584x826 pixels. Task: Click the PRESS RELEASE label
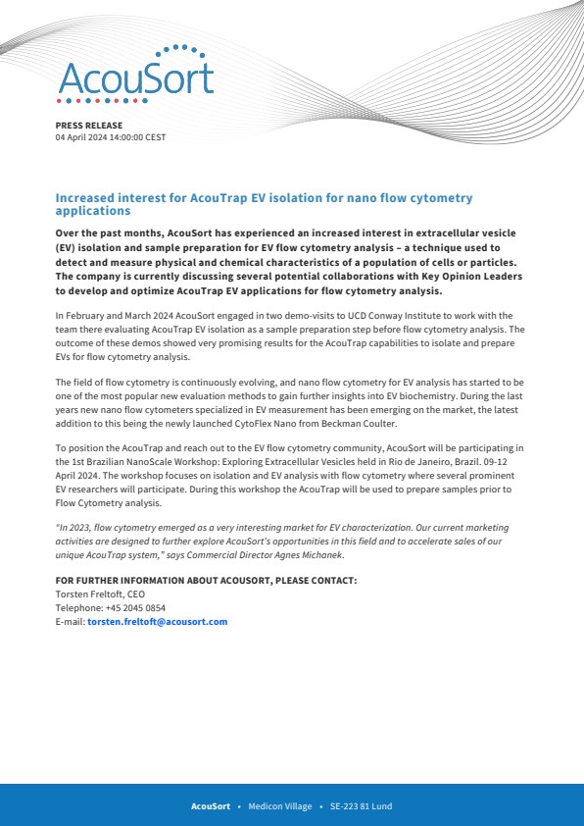tap(89, 126)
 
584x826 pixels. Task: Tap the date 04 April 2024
tap(84, 137)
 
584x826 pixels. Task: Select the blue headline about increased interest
tap(264, 204)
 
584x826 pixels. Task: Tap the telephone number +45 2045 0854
tap(125, 607)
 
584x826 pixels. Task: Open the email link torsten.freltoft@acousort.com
tap(157, 621)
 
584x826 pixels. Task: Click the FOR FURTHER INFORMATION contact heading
tap(206, 580)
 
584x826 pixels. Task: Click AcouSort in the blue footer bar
tap(210, 806)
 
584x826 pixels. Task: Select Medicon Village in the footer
tap(280, 806)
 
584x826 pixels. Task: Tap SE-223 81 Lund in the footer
tap(361, 806)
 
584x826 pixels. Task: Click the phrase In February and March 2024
tap(112, 316)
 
